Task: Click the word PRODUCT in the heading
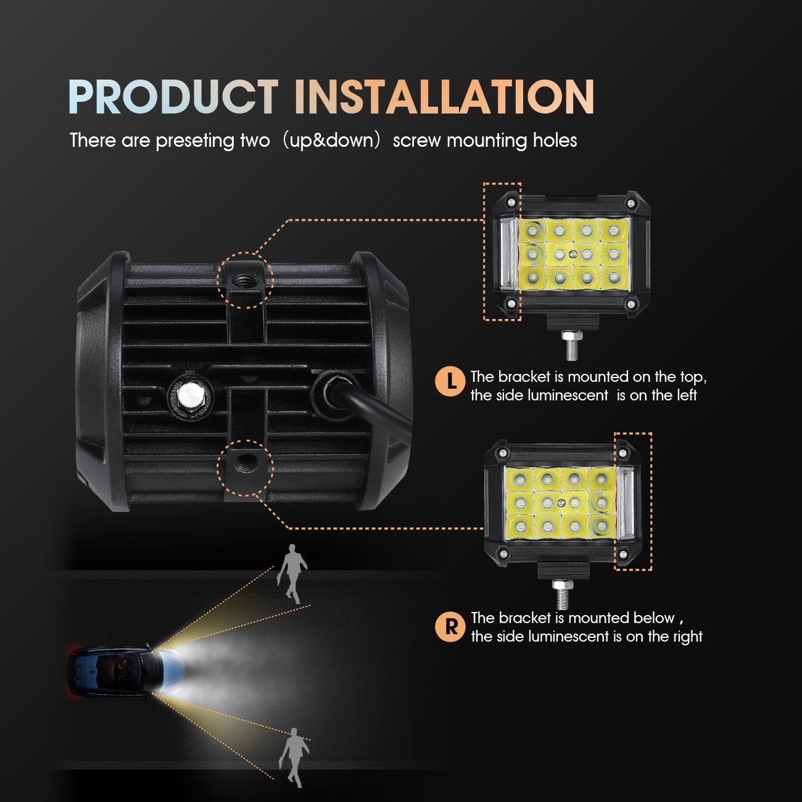point(173,97)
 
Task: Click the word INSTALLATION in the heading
point(444,97)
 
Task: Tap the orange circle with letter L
point(450,381)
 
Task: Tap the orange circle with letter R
point(451,627)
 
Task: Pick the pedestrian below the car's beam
point(294,756)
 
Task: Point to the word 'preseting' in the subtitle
point(194,141)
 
